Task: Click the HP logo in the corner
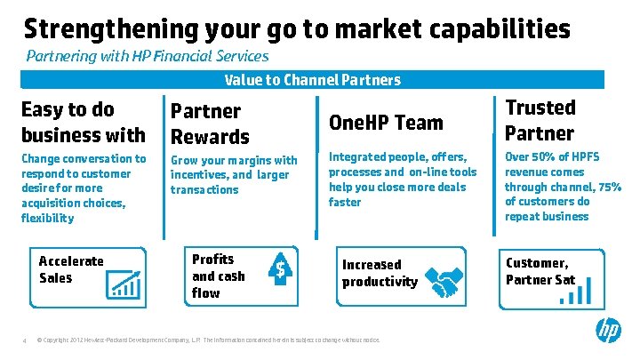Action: click(x=609, y=332)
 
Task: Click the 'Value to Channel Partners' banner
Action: click(x=312, y=80)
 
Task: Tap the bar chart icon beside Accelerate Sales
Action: click(x=126, y=284)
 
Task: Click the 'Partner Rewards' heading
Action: click(x=210, y=124)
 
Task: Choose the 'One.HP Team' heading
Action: click(x=386, y=122)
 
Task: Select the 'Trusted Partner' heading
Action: click(x=540, y=120)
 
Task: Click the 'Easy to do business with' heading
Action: click(x=83, y=122)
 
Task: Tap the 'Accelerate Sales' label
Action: click(x=71, y=269)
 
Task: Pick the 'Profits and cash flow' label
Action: click(x=218, y=276)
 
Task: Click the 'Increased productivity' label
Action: click(x=380, y=273)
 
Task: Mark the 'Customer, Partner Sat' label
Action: click(x=540, y=271)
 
